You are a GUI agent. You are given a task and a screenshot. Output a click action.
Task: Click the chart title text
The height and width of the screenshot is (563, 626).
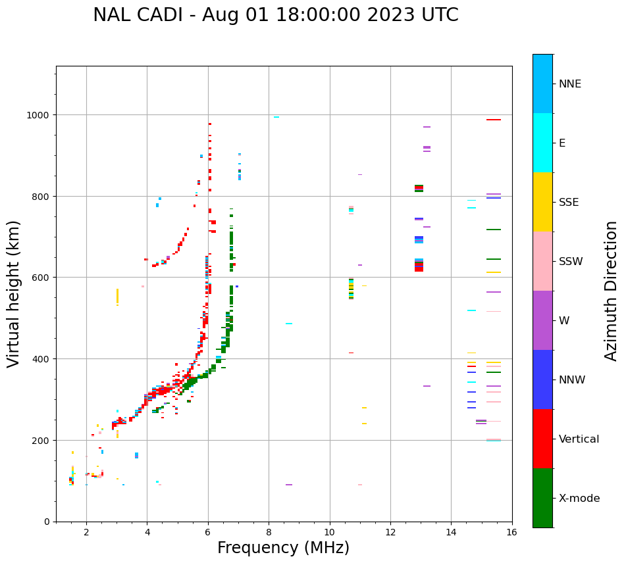(x=275, y=15)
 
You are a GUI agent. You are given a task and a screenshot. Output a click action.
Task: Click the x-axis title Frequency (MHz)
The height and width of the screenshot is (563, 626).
(x=283, y=548)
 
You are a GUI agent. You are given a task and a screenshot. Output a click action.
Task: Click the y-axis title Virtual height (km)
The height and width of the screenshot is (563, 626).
(x=14, y=293)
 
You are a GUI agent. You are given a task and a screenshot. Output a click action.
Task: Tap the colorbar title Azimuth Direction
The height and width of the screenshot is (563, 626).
(x=611, y=291)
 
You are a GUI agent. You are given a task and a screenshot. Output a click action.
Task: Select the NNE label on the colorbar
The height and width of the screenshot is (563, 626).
(x=570, y=84)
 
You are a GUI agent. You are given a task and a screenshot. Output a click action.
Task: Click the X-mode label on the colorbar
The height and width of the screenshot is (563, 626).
(x=579, y=498)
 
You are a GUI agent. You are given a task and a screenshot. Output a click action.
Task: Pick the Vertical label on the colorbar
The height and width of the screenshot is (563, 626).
(x=579, y=439)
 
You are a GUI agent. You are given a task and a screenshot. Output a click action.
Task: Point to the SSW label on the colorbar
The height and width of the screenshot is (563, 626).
(x=571, y=261)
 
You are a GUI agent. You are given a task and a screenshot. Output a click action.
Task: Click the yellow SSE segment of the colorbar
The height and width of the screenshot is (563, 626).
(x=542, y=202)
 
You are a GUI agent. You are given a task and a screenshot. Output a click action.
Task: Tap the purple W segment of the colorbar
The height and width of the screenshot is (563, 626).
(x=542, y=320)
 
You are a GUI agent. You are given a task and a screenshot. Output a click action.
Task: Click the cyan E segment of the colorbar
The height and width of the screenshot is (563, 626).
(x=542, y=143)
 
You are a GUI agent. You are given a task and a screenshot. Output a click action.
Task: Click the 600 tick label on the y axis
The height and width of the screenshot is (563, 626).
(x=43, y=278)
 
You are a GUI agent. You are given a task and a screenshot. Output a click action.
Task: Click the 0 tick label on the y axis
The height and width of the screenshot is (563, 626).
(x=47, y=522)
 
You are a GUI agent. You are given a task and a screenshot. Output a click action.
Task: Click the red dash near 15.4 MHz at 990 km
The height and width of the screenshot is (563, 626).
(x=494, y=120)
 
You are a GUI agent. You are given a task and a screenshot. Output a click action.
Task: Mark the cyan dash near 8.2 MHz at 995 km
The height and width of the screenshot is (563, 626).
(x=276, y=117)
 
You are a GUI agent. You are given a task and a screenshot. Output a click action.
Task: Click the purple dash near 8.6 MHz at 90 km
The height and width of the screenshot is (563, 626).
(x=289, y=485)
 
